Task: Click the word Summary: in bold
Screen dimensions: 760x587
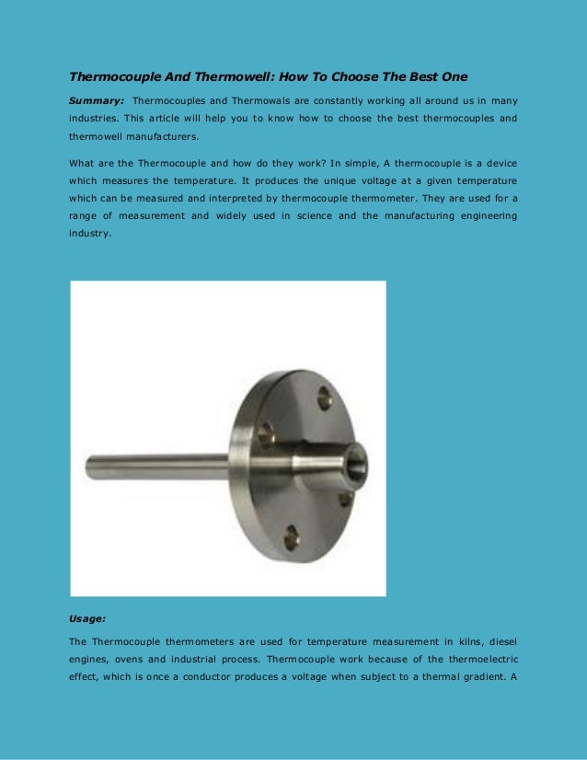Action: [97, 99]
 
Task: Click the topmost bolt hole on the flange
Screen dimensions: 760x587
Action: [325, 397]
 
